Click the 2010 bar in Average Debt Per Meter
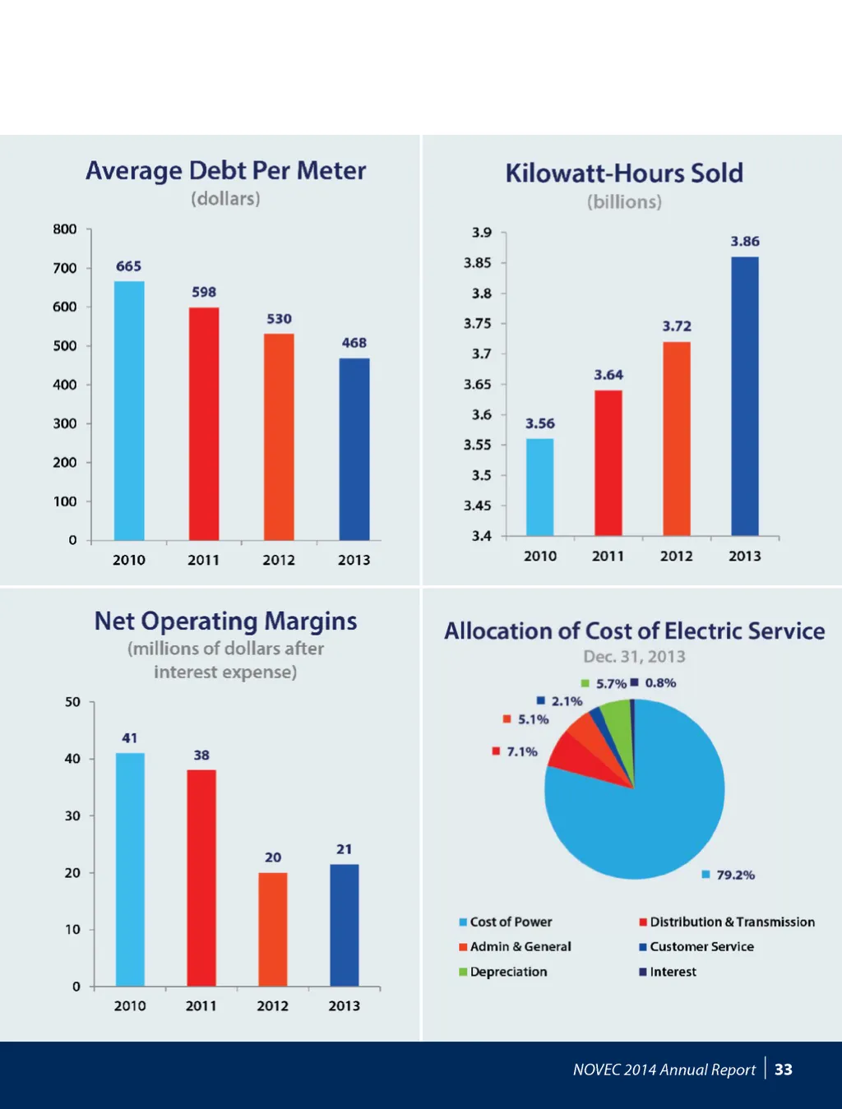[x=129, y=411]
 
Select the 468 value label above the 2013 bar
[x=354, y=343]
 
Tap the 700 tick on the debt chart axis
[x=65, y=268]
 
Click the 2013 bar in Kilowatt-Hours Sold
[x=745, y=396]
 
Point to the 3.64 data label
[x=608, y=375]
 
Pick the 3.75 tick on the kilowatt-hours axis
[x=478, y=324]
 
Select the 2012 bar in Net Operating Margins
[x=273, y=929]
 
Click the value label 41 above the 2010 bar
[x=130, y=738]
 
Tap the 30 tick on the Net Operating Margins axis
[x=73, y=816]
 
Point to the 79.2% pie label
[x=735, y=876]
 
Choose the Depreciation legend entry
[x=508, y=972]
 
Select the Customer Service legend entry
[x=701, y=947]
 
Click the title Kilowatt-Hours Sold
[x=624, y=173]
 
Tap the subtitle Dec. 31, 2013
[x=634, y=657]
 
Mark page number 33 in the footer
[x=784, y=1070]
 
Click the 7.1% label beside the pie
[x=521, y=752]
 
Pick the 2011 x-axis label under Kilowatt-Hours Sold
[x=608, y=557]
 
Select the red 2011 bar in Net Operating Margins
[x=201, y=878]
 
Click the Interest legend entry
[x=673, y=972]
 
